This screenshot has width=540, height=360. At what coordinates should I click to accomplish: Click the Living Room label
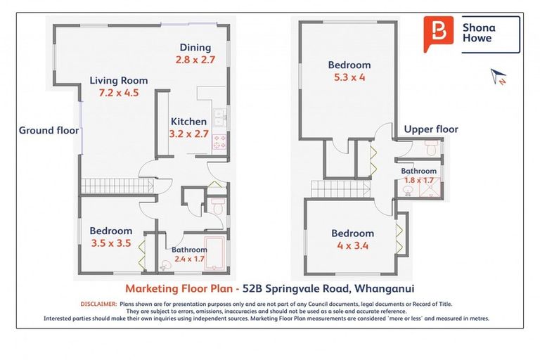point(119,80)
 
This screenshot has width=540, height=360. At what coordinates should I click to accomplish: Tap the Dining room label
point(195,47)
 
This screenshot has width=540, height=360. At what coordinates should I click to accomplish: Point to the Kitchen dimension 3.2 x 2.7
point(188,134)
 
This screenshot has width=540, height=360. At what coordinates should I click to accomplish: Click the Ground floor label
point(49,130)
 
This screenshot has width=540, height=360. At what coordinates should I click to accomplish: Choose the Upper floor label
point(431,129)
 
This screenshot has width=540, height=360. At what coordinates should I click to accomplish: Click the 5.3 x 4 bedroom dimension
point(349,78)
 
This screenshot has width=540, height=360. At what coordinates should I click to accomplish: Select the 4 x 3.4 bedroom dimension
point(353,246)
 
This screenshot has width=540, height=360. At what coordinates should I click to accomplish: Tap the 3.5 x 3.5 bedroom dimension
point(110,243)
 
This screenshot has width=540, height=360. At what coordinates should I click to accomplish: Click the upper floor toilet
point(432,148)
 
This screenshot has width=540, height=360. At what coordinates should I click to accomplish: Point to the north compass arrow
point(500,76)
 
